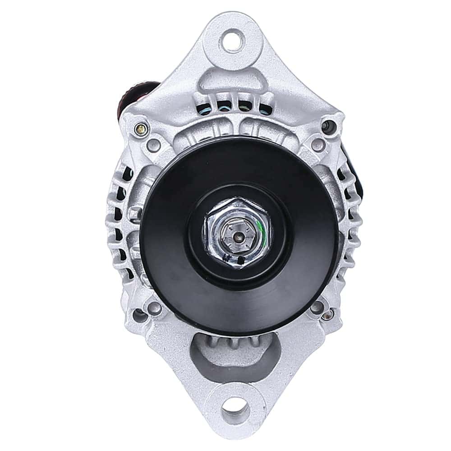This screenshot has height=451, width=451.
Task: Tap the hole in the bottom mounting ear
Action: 235,409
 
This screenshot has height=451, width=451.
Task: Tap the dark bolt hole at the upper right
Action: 328,125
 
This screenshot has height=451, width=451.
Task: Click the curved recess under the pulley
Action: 235,356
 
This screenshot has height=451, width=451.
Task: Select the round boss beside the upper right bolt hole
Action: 318,144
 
